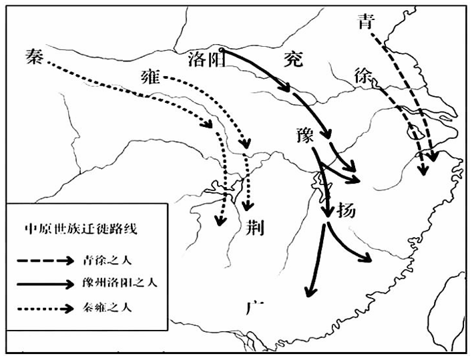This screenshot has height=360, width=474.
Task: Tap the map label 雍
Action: coord(152,77)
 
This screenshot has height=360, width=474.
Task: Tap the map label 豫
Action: coord(304,134)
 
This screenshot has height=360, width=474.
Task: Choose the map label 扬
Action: coord(346,210)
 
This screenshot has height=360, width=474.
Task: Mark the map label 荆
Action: coord(254,227)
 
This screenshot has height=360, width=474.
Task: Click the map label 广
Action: coord(254,309)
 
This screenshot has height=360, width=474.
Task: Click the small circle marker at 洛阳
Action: coord(221,49)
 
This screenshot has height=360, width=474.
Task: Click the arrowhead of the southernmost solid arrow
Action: coord(308,292)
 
